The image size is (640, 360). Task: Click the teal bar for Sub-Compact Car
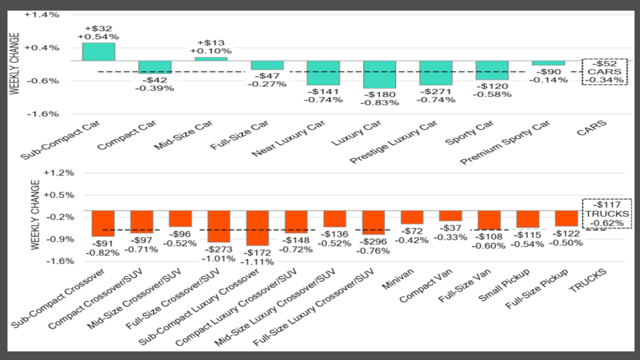click(98, 52)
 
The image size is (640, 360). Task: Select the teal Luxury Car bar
click(379, 74)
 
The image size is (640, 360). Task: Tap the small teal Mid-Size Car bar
click(211, 59)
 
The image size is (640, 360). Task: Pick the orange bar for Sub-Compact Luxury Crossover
click(258, 228)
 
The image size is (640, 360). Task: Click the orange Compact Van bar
click(451, 216)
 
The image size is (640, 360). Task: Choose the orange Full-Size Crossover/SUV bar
click(219, 226)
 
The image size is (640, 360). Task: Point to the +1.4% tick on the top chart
click(42, 15)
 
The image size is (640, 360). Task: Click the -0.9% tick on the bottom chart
click(60, 239)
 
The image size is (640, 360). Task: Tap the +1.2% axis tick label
click(59, 173)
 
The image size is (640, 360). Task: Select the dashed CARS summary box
click(605, 72)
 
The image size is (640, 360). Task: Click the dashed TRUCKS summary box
click(607, 214)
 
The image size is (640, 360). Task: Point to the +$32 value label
click(98, 28)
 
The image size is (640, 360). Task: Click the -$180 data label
click(379, 94)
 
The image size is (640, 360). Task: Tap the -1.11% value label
click(258, 262)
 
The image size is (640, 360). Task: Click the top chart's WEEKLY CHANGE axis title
click(14, 64)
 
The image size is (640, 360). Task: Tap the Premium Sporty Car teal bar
click(548, 63)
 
